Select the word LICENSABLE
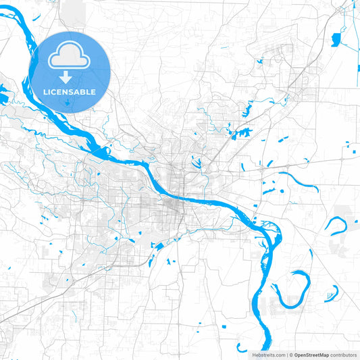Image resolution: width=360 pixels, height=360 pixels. tap(70, 91)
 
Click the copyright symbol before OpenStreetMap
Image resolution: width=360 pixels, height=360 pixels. tap(291, 355)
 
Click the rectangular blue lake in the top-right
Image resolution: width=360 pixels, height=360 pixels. tap(336, 40)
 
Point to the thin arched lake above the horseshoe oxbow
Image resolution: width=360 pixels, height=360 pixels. tap(298, 180)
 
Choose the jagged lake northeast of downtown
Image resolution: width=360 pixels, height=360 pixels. tap(242, 132)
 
